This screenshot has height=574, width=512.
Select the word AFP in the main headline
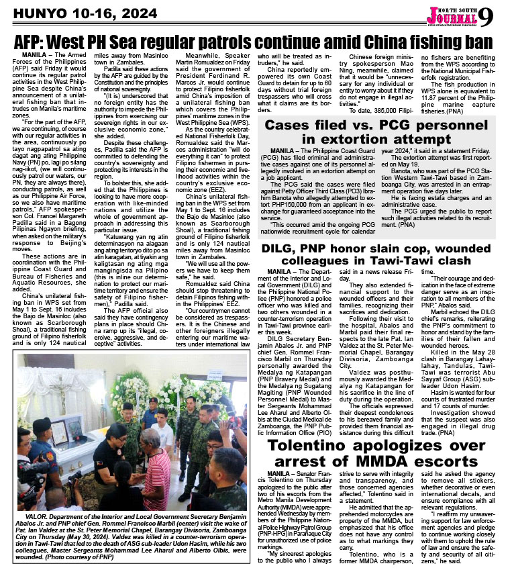[34, 40]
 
